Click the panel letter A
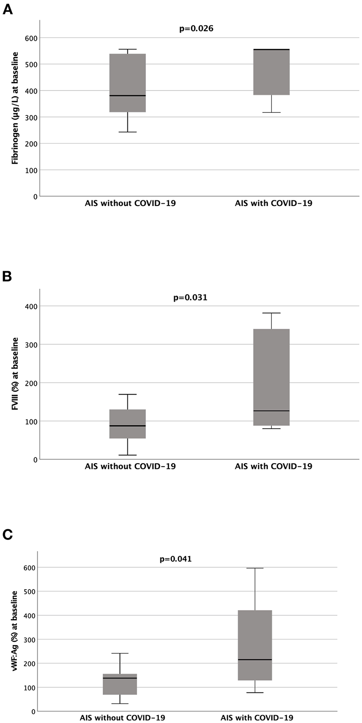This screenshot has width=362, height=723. (x=7, y=9)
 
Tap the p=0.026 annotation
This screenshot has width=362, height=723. (x=196, y=29)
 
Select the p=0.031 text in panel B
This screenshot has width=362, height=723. (x=190, y=298)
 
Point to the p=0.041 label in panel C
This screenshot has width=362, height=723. (x=175, y=559)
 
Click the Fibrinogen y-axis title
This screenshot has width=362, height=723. (x=15, y=108)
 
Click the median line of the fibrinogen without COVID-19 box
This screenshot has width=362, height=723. (x=128, y=95)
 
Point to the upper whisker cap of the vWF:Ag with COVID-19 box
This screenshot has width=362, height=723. (x=255, y=568)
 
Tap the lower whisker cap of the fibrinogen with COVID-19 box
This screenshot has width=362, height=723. (x=271, y=112)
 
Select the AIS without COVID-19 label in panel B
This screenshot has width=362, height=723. (x=130, y=466)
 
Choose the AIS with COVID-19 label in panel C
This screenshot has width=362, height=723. (x=257, y=718)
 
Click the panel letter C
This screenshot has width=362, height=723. (x=7, y=534)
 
